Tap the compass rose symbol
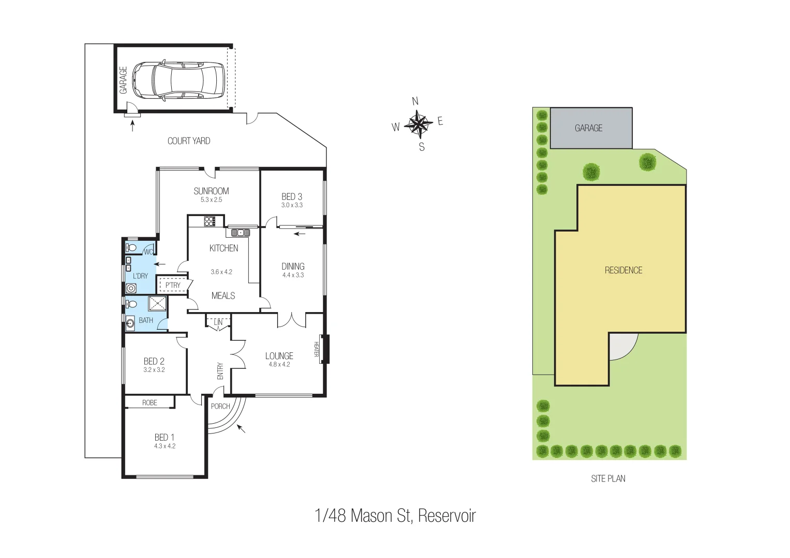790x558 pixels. [x=418, y=124]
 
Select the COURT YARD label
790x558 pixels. [x=189, y=141]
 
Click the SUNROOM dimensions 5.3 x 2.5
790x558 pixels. [x=211, y=200]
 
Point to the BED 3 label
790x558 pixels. [x=292, y=196]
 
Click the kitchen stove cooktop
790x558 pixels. [x=210, y=222]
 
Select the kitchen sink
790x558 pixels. [x=241, y=233]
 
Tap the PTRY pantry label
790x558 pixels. [x=173, y=285]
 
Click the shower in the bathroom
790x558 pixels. [x=158, y=303]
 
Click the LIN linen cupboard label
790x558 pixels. [x=218, y=322]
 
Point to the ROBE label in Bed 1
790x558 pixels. [x=150, y=402]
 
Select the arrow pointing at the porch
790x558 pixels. [x=241, y=428]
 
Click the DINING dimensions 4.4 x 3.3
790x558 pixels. [x=293, y=275]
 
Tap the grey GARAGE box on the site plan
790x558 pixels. [x=591, y=128]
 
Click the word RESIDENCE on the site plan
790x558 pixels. [x=623, y=270]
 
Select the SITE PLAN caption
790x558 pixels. [x=608, y=479]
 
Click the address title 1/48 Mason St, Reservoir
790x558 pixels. [x=395, y=516]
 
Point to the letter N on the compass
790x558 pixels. [x=415, y=101]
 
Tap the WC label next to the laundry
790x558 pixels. [x=148, y=252]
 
